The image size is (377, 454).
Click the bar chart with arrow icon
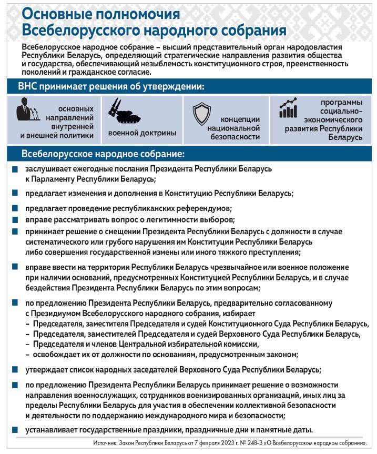pyautogui.click(x=289, y=108)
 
